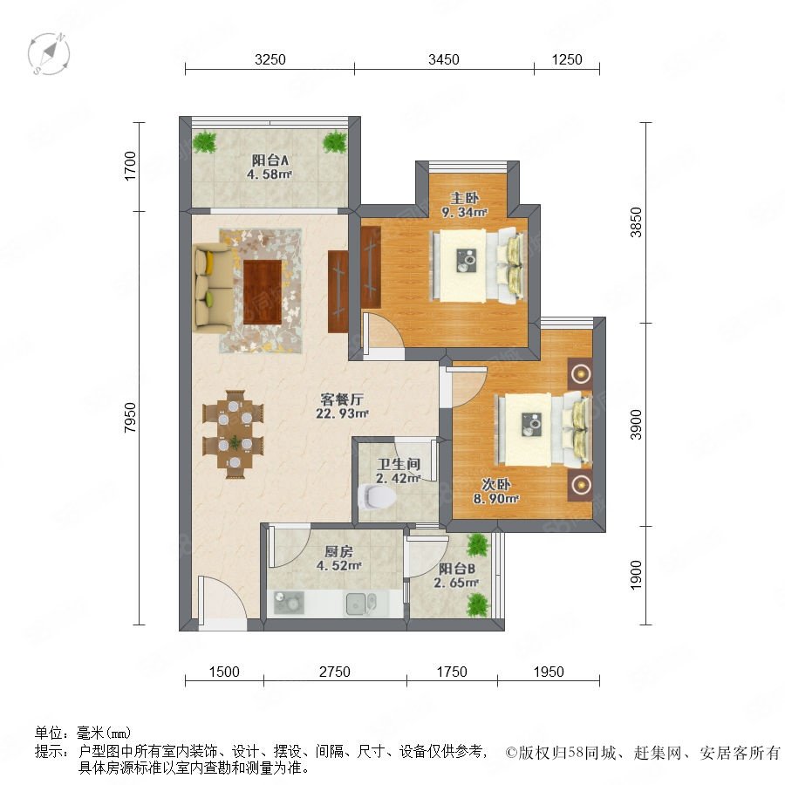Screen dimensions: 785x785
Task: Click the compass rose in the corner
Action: click(x=49, y=53)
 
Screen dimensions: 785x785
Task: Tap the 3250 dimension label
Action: click(x=270, y=59)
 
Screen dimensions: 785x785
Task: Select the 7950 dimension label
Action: click(x=130, y=418)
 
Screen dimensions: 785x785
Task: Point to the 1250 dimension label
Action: click(x=567, y=59)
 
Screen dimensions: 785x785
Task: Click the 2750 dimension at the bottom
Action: click(x=334, y=672)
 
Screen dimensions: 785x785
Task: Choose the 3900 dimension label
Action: click(x=635, y=425)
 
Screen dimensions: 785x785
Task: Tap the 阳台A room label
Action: click(x=270, y=160)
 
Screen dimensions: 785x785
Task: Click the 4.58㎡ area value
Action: click(x=270, y=174)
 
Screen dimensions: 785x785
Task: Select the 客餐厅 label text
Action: click(x=342, y=399)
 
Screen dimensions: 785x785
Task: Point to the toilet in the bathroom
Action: click(x=378, y=496)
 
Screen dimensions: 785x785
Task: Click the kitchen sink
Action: click(x=360, y=604)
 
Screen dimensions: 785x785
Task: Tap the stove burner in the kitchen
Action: click(x=289, y=603)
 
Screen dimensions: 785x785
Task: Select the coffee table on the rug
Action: click(x=263, y=292)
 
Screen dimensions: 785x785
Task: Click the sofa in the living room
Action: click(x=214, y=288)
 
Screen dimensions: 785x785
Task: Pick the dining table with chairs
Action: click(x=233, y=434)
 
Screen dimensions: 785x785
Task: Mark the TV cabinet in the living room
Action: click(x=338, y=291)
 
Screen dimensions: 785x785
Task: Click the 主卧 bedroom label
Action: click(x=464, y=198)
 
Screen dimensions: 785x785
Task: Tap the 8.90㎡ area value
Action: click(x=496, y=499)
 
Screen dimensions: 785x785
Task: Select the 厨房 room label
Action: click(x=339, y=552)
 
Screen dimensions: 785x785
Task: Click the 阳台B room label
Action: click(x=456, y=569)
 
